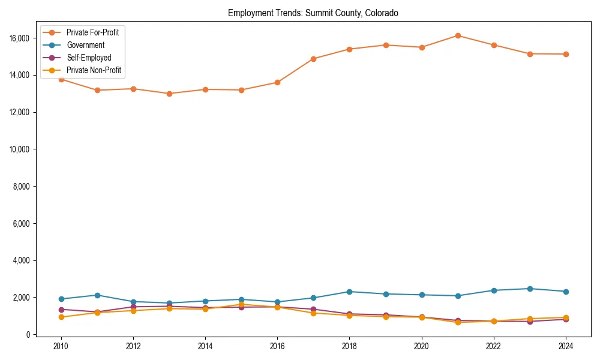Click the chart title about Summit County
pyautogui.click(x=313, y=13)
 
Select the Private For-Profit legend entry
pyautogui.click(x=92, y=32)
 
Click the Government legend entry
pyautogui.click(x=85, y=45)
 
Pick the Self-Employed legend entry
pyautogui.click(x=89, y=58)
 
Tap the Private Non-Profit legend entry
pyautogui.click(x=94, y=70)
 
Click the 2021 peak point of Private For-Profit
pyautogui.click(x=458, y=35)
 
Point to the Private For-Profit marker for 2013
pyautogui.click(x=169, y=94)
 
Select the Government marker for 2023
pyautogui.click(x=530, y=289)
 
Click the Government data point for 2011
pyautogui.click(x=97, y=295)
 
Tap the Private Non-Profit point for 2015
pyautogui.click(x=241, y=304)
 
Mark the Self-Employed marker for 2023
pyautogui.click(x=530, y=322)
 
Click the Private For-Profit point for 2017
pyautogui.click(x=314, y=59)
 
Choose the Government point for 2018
pyautogui.click(x=350, y=292)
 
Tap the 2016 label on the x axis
pyautogui.click(x=277, y=346)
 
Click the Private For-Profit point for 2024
pyautogui.click(x=566, y=54)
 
